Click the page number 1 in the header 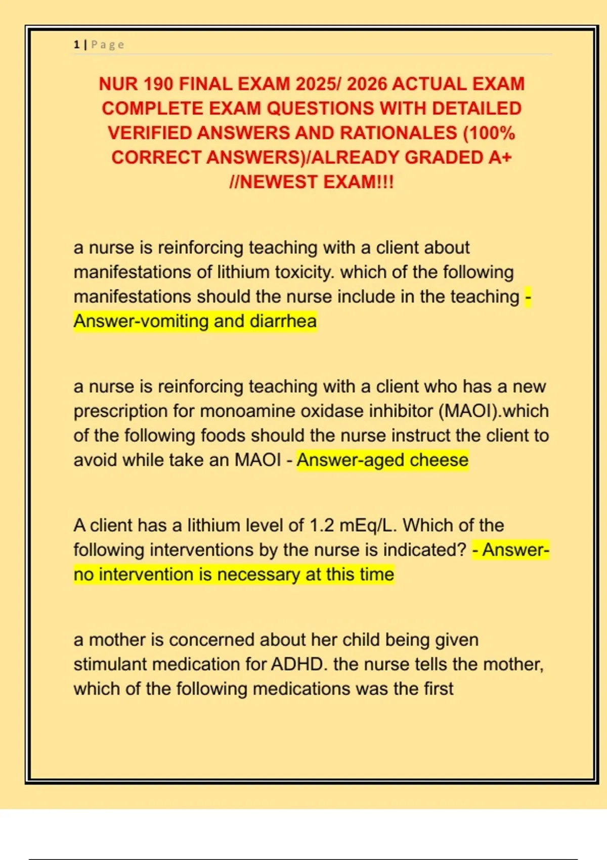[x=76, y=45]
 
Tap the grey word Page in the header [x=107, y=45]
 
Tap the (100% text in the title [x=489, y=133]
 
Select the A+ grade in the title [x=500, y=157]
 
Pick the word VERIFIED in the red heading [x=150, y=133]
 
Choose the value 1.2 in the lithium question [x=322, y=525]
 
